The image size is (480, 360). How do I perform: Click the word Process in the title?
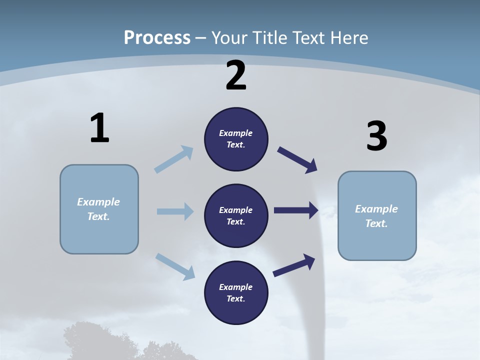157,37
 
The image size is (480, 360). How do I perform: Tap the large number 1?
99,128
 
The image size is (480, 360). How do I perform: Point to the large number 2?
236,75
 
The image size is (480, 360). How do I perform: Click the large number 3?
376,136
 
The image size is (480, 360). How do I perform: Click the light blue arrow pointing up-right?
173,159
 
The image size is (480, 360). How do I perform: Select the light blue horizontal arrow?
174,211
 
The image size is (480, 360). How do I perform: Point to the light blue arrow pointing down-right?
175,266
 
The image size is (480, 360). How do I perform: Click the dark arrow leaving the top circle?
297,160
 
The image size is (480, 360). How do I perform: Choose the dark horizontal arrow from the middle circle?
295,210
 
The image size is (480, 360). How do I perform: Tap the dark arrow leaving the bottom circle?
294,265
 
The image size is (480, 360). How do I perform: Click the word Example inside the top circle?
236,133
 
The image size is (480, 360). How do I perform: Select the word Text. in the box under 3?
376,223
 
